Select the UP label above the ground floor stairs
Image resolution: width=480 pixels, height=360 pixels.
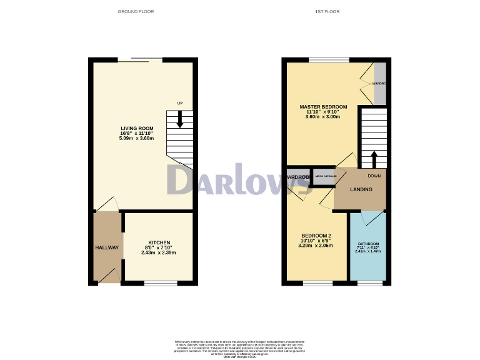click(x=180, y=103)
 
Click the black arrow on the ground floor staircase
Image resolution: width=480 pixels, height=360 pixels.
click(x=180, y=119)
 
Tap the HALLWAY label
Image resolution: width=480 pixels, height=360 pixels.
click(x=107, y=247)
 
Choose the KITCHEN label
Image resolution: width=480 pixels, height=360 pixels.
click(x=159, y=242)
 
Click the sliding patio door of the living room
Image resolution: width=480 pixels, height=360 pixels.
click(x=140, y=60)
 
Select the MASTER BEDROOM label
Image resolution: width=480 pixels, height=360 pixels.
click(x=323, y=107)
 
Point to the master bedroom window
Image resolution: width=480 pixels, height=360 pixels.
click(x=329, y=60)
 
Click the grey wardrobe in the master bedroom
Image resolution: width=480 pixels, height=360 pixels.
click(x=380, y=83)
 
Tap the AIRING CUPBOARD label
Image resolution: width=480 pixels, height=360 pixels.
click(x=325, y=177)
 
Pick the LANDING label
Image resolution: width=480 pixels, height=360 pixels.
click(x=361, y=189)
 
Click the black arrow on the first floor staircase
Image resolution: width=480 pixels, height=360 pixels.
click(x=373, y=160)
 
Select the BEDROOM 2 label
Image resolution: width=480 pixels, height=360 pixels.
click(x=315, y=236)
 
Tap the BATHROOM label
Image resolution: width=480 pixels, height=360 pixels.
click(x=368, y=244)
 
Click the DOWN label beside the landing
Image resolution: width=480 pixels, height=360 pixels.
click(x=374, y=176)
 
